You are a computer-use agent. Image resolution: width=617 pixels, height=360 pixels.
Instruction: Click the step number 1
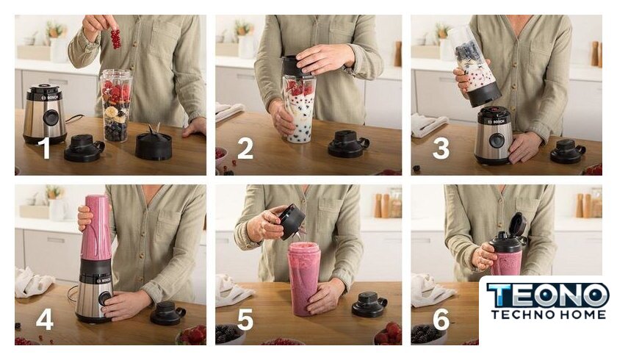coord(46,148)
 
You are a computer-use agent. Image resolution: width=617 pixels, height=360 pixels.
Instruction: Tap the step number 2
coord(245,148)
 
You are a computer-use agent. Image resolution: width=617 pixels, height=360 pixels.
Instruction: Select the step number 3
coord(441,148)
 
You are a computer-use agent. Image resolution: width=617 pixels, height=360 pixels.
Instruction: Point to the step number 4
coord(45,319)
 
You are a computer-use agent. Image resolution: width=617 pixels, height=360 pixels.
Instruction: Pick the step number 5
coord(245,319)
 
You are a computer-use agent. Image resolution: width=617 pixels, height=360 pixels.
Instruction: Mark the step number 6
coord(441,319)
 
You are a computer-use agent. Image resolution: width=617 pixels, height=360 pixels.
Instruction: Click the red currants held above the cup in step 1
coord(115,39)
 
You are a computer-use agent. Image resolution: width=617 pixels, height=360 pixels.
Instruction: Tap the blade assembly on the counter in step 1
coord(154,142)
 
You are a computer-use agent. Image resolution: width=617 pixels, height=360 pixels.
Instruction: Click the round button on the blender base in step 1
coord(50,118)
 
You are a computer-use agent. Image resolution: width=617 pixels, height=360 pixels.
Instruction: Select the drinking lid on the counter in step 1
coord(84,148)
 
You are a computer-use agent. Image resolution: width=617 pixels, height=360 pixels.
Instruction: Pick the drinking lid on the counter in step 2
coord(348,144)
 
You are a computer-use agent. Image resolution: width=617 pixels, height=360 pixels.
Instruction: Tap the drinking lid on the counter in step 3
coord(567,151)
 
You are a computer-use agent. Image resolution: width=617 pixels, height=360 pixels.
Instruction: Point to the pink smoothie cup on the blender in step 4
coord(95,228)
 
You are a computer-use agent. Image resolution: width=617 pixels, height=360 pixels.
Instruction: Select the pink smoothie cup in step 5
coord(304,279)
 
